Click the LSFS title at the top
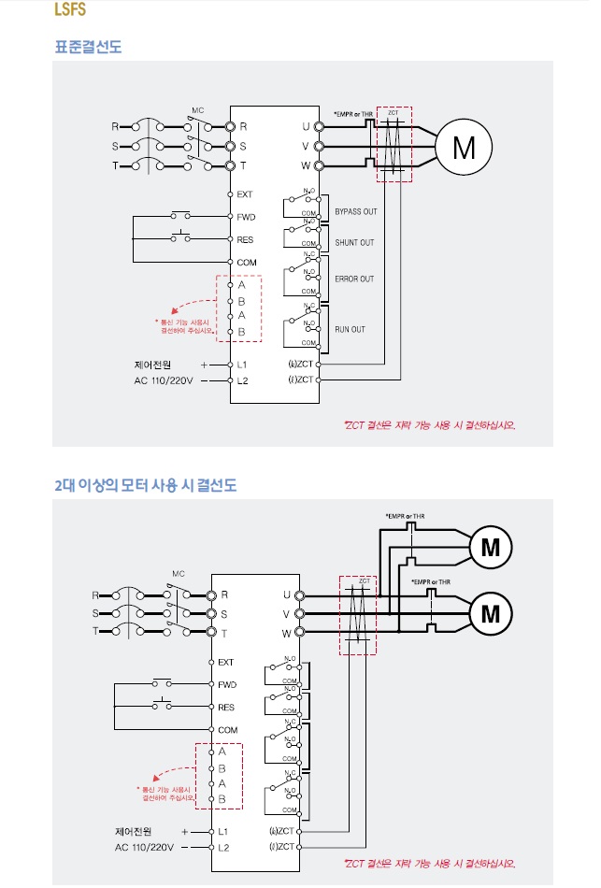click(71, 12)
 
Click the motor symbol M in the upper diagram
click(463, 147)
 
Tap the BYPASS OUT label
click(355, 211)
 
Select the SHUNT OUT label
click(354, 243)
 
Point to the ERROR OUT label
click(354, 279)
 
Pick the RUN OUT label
click(351, 329)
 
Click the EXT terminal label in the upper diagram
click(245, 194)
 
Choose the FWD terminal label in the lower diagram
click(227, 684)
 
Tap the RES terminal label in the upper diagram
click(245, 239)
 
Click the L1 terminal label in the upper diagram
click(242, 364)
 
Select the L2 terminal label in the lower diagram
click(223, 847)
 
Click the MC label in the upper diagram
click(198, 110)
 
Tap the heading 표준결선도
click(88, 46)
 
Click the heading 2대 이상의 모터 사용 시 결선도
click(145, 485)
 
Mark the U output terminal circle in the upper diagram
click(319, 125)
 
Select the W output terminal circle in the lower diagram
click(300, 633)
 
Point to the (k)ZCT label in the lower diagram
click(282, 830)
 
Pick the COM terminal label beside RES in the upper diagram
click(246, 263)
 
